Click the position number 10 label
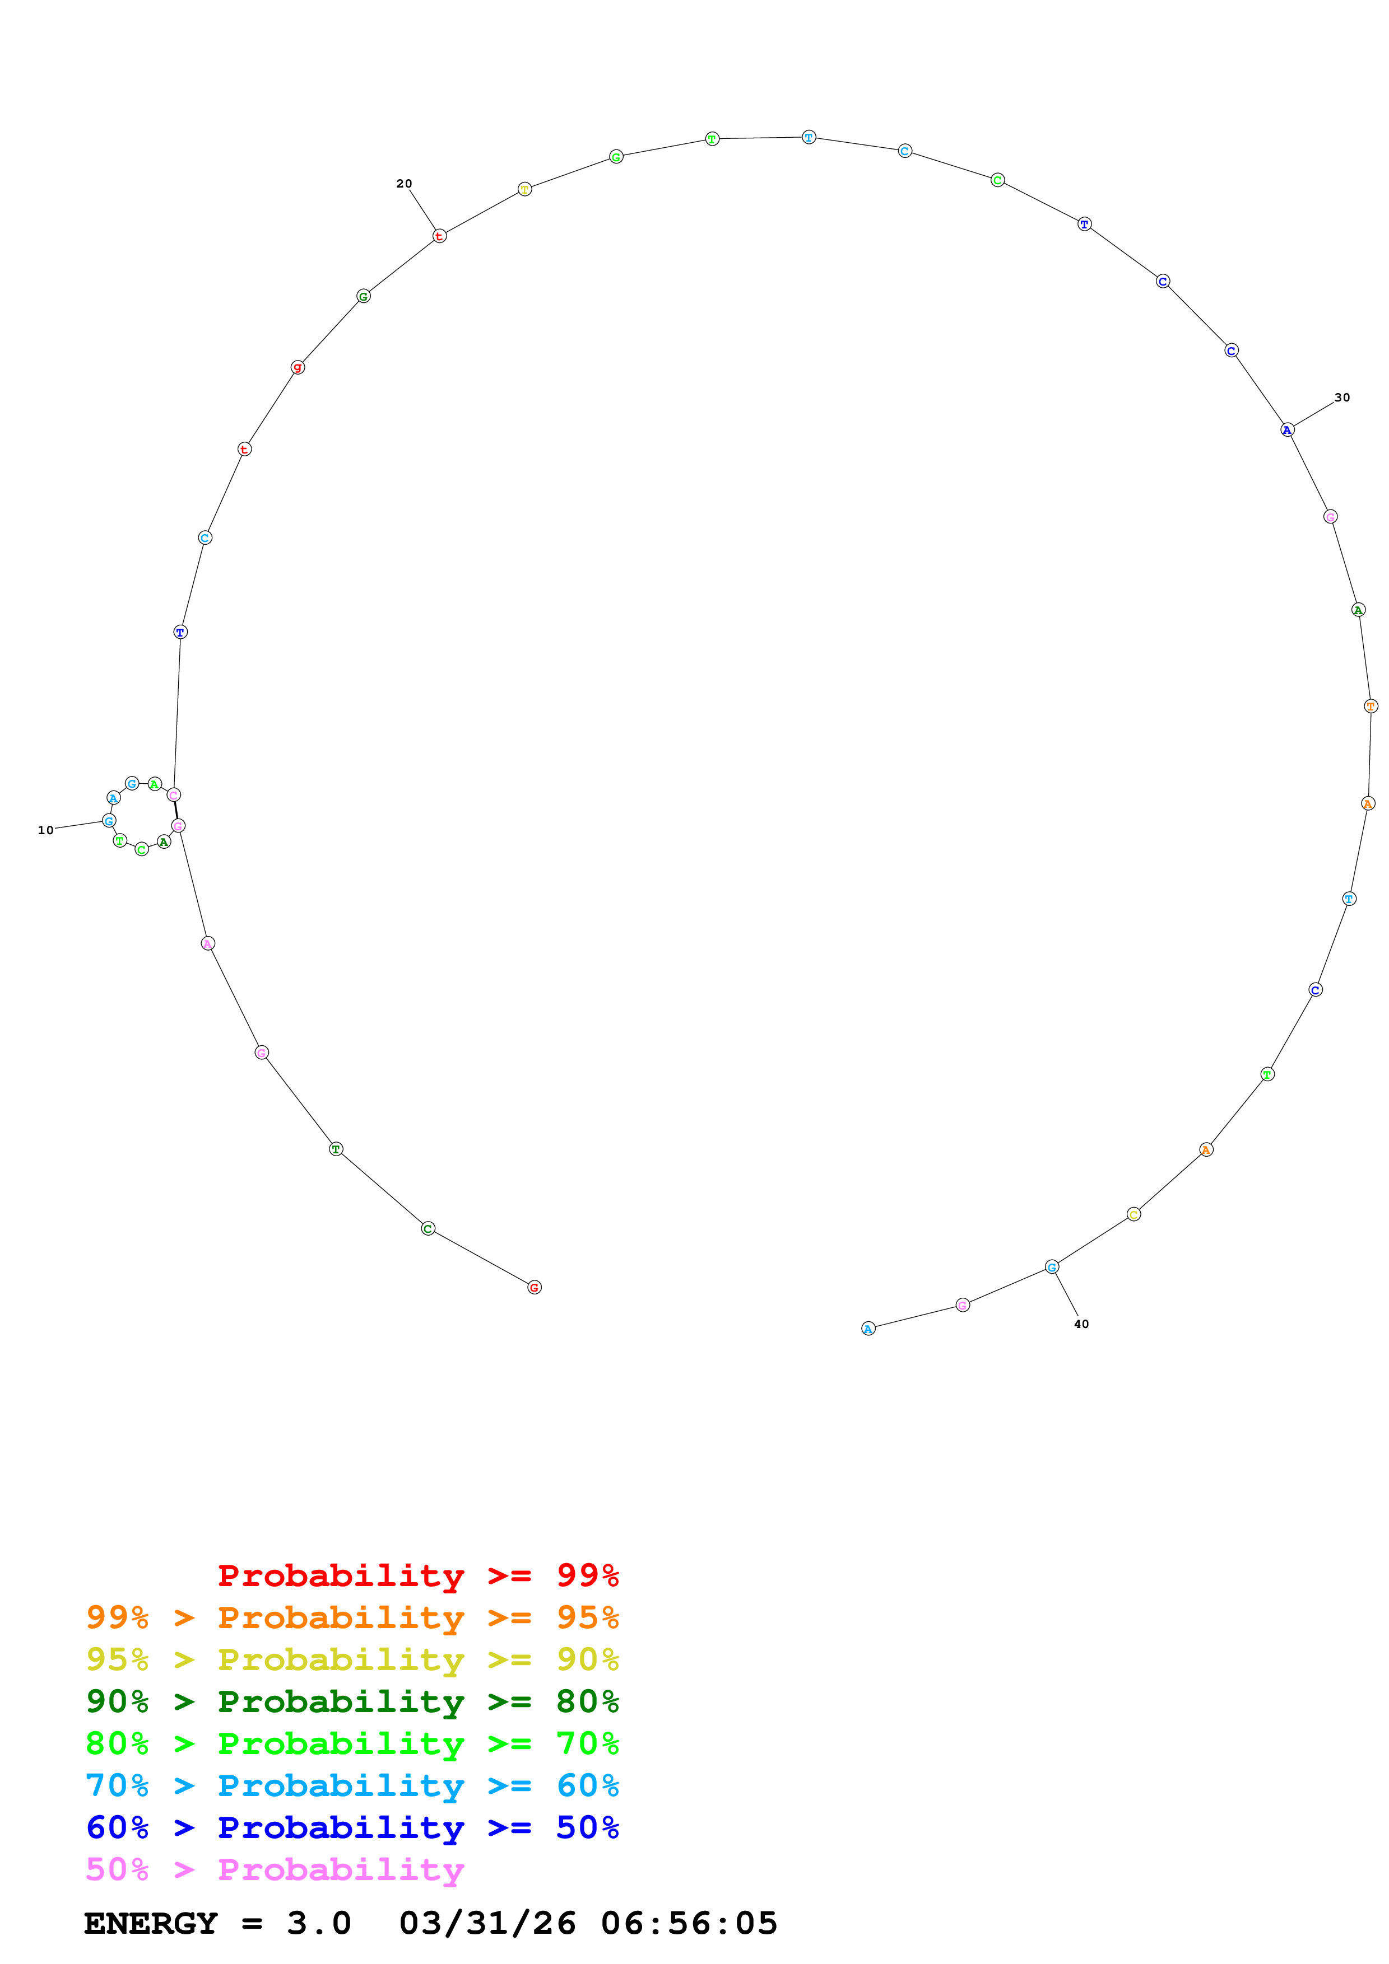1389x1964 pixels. (45, 830)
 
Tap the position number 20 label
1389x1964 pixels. (404, 184)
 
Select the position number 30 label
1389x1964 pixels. (1342, 398)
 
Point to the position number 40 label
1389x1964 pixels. (1081, 1324)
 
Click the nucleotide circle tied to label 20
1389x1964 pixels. (439, 236)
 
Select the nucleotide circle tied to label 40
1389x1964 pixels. (1052, 1267)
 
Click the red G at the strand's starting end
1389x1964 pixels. (534, 1287)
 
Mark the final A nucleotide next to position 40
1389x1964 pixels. (868, 1329)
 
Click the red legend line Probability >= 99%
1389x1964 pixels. (417, 1575)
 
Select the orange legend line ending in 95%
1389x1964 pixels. (352, 1617)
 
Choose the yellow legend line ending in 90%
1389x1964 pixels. (352, 1659)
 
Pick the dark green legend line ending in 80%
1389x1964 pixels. (352, 1701)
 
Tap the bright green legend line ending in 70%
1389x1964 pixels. (352, 1743)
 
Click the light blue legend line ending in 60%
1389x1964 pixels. (352, 1785)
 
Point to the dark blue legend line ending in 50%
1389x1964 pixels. (352, 1827)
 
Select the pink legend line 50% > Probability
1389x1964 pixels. (274, 1869)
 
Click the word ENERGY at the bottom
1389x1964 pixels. (151, 1923)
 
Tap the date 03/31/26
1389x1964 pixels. (487, 1923)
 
